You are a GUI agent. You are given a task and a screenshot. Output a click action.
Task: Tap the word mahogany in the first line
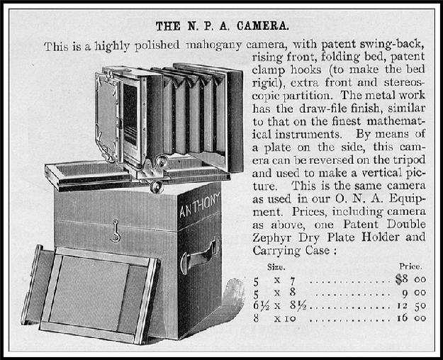(x=213, y=45)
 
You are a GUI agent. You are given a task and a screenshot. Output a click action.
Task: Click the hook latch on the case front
(x=116, y=231)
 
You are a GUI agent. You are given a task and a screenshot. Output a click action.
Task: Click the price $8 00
(x=410, y=279)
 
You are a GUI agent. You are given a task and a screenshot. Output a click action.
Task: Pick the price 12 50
(x=411, y=305)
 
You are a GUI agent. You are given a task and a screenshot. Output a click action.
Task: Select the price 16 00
(x=411, y=318)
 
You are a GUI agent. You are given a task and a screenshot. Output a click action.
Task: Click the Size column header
(x=276, y=266)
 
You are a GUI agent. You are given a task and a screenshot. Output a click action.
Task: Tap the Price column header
(x=410, y=266)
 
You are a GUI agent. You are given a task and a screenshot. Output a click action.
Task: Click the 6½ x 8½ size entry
(x=279, y=305)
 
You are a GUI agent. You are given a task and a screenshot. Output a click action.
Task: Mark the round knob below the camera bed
(x=156, y=187)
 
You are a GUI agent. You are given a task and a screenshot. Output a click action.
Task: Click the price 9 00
(x=414, y=293)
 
